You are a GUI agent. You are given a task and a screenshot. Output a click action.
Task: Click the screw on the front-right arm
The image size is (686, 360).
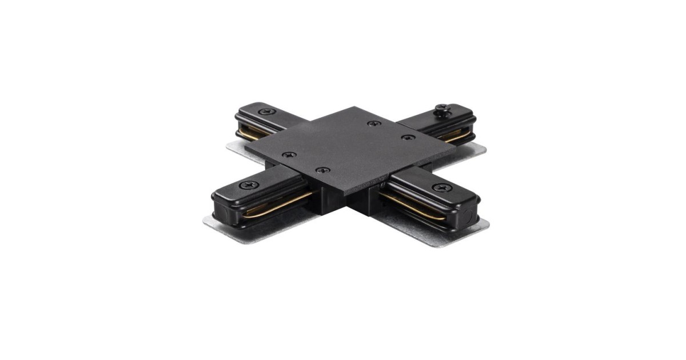pyautogui.click(x=438, y=187)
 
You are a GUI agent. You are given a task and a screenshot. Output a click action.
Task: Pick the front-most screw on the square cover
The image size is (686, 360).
pyautogui.click(x=323, y=170)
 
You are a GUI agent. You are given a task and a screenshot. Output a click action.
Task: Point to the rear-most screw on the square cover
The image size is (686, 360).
pyautogui.click(x=373, y=123)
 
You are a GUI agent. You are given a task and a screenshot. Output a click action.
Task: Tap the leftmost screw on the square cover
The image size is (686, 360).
pyautogui.click(x=289, y=155)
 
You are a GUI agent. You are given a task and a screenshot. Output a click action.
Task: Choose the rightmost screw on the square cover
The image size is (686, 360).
pyautogui.click(x=406, y=138)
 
